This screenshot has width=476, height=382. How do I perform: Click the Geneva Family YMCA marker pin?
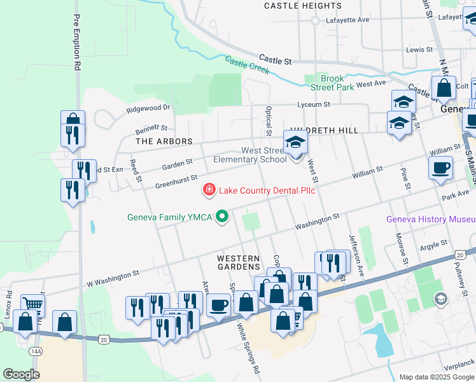coord(222,218)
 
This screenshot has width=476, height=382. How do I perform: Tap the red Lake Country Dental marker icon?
coord(208,190)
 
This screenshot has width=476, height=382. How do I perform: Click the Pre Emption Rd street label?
coord(77,42)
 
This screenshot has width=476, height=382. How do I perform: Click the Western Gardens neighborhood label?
coord(239,258)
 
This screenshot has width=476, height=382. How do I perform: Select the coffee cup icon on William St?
coord(440,167)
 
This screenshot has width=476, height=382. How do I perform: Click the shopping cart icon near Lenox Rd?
coord(32,305)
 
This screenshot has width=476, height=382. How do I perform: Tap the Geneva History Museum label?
coord(430,220)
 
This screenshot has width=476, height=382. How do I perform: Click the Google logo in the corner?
coord(21,374)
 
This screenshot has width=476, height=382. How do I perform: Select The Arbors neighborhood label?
coord(156,140)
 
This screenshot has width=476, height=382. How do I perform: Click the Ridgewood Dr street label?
coord(149,109)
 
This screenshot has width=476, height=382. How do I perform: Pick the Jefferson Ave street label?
coord(356,263)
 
